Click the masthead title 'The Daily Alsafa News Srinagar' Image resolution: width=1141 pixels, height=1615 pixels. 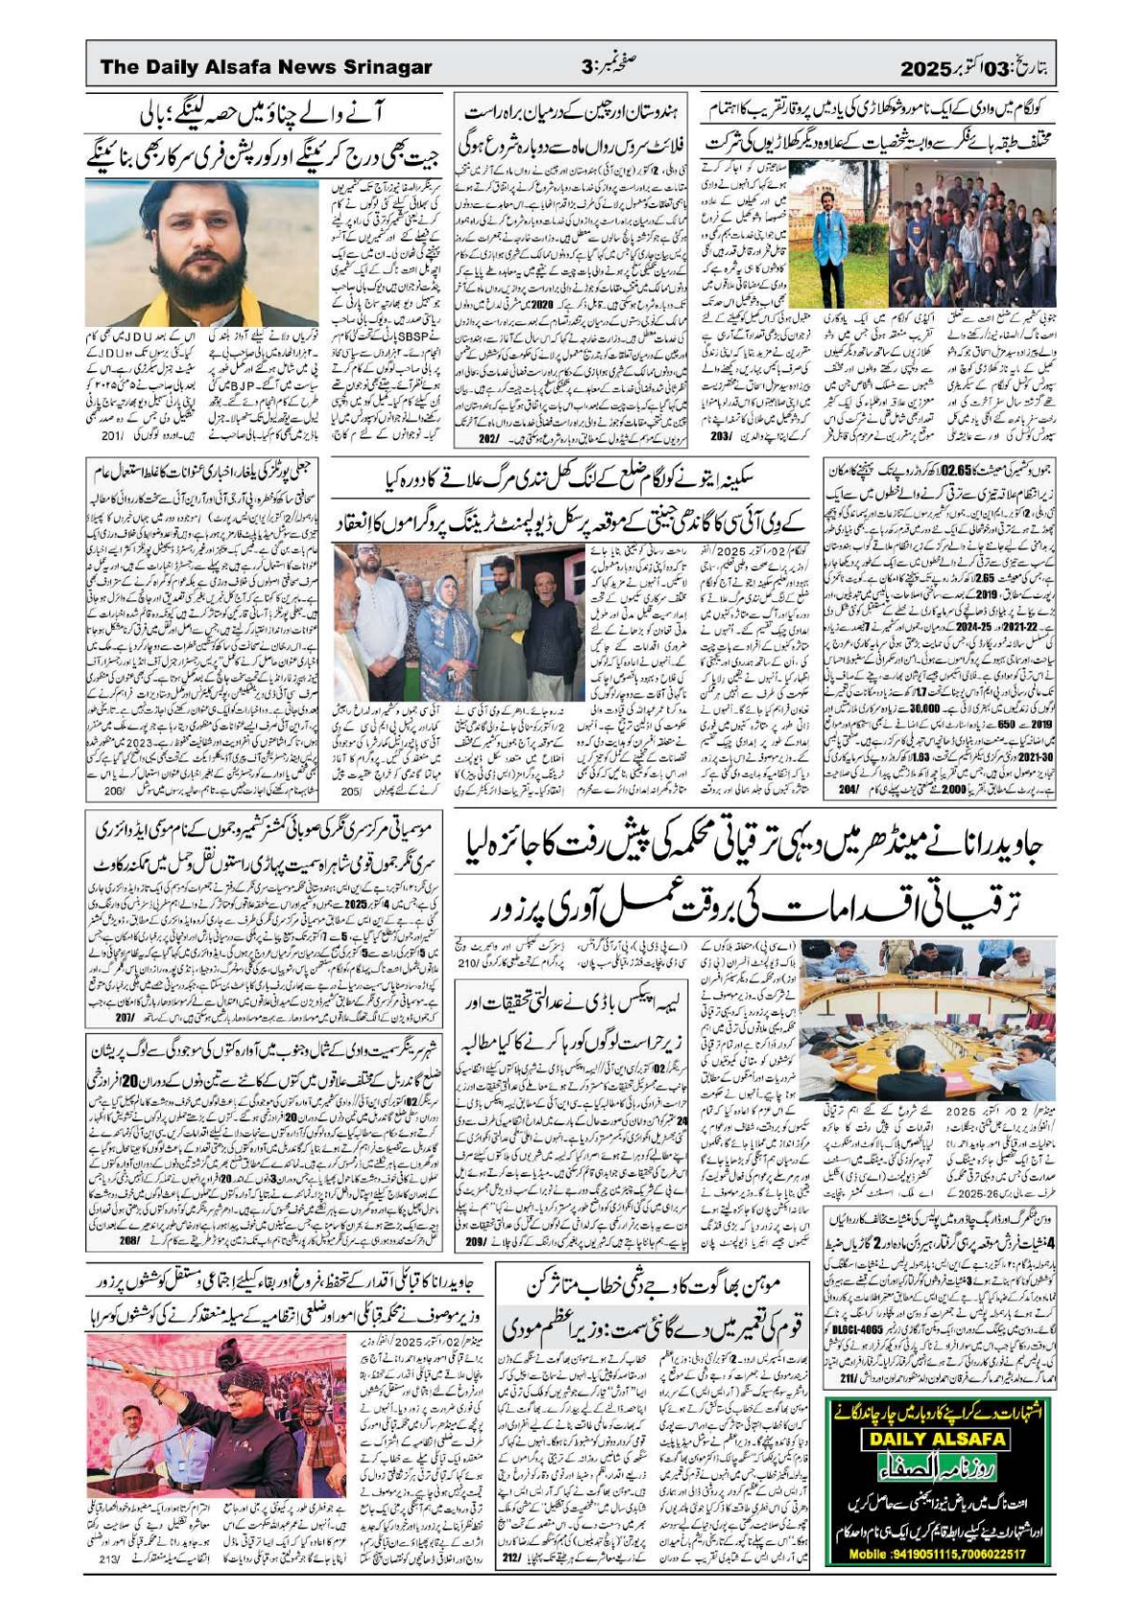[x=266, y=67]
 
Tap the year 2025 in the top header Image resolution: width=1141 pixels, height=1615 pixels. [x=923, y=68]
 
